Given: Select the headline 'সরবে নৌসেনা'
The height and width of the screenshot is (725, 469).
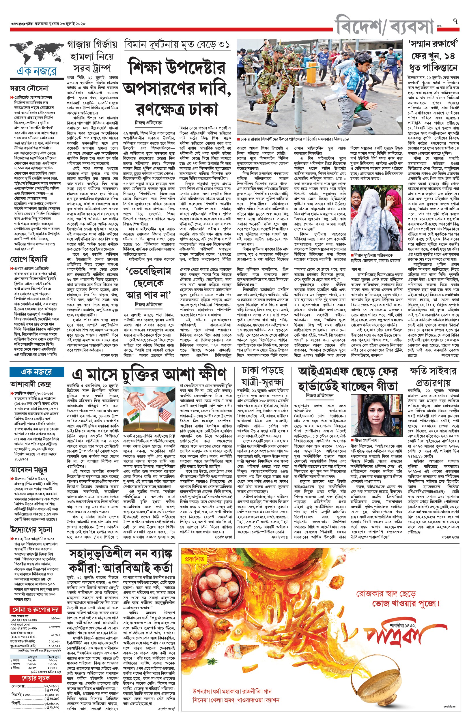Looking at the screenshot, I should click(x=29, y=89).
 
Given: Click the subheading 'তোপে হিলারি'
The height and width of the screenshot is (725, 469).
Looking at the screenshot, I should click(x=29, y=259).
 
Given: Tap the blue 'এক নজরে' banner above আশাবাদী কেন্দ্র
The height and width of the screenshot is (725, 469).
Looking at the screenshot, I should click(x=37, y=372).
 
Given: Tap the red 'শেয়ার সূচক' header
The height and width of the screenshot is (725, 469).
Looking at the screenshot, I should click(x=35, y=679).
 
